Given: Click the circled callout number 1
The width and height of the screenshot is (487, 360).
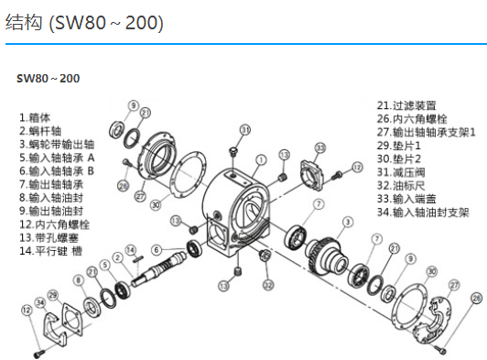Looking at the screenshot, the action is click(261, 160).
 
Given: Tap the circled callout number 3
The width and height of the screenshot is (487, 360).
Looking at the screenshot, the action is click(348, 222).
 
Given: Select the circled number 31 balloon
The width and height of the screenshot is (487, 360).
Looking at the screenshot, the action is click(245, 130).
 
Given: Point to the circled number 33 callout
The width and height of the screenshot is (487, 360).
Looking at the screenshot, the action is click(320, 148).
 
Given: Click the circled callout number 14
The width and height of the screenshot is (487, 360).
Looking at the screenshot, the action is click(130, 250).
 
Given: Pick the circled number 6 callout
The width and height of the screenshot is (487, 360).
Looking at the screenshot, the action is click(157, 250).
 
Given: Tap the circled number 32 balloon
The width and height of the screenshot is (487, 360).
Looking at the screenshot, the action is click(268, 285).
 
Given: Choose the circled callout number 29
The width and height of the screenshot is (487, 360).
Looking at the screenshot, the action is click(53, 295).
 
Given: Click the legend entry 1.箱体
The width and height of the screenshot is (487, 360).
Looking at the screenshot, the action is click(35, 118).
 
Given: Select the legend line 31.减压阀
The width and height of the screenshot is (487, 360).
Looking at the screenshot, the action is click(401, 172).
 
